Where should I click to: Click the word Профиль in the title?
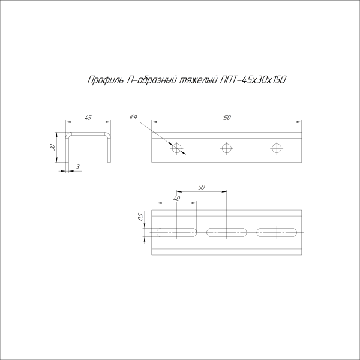click(x=104, y=80)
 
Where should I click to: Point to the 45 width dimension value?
click(x=88, y=118)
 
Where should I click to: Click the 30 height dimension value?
click(x=53, y=147)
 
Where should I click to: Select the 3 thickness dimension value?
click(x=78, y=167)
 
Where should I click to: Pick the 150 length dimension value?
click(x=226, y=118)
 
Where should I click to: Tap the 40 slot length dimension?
click(x=176, y=199)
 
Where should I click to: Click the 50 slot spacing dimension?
click(x=202, y=188)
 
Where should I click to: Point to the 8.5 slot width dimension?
click(x=140, y=218)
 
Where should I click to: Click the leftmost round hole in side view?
click(x=176, y=148)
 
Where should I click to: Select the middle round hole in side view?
click(x=226, y=148)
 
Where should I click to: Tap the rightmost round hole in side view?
click(x=276, y=148)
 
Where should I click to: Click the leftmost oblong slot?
click(x=176, y=232)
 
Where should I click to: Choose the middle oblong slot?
click(x=227, y=232)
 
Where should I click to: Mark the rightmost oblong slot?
click(x=277, y=232)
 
